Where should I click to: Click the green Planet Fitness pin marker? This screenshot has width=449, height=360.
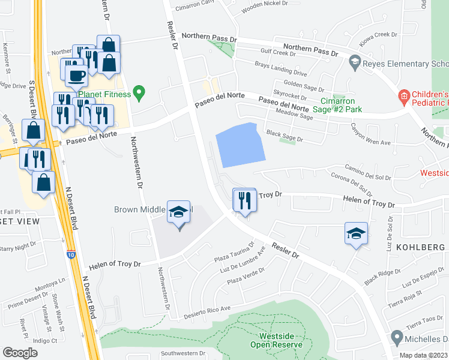pyautogui.click(x=140, y=93)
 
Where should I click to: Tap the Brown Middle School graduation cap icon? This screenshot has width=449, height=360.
pyautogui.click(x=178, y=213)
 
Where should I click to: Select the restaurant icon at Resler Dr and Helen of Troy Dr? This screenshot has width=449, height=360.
pyautogui.click(x=244, y=200)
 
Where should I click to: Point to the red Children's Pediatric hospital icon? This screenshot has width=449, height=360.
pyautogui.click(x=403, y=95)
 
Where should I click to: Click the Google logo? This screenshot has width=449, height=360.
pyautogui.click(x=20, y=352)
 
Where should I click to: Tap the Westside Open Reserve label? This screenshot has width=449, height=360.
pyautogui.click(x=276, y=340)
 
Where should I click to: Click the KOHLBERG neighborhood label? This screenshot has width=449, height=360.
pyautogui.click(x=420, y=247)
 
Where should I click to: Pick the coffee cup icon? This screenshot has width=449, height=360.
pyautogui.click(x=76, y=76)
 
